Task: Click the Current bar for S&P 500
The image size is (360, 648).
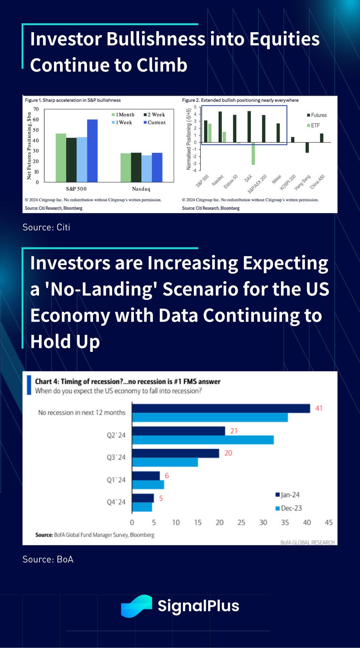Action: pos(92,151)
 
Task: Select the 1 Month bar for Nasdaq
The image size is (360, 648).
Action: pos(126,168)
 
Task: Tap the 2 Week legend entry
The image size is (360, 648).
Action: pos(154,115)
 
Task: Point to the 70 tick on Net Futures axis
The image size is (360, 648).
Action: pos(36,109)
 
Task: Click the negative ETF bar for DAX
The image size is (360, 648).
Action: pos(253,154)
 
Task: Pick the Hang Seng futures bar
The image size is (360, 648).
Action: pos(307,147)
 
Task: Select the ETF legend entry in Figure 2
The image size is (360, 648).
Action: pos(313,126)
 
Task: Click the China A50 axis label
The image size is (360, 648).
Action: pos(318,182)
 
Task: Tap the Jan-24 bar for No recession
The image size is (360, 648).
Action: pos(221,408)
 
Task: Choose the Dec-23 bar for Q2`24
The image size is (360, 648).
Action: pos(202,440)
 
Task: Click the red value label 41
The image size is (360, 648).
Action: pos(319,408)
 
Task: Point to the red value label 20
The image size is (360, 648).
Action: pos(228,453)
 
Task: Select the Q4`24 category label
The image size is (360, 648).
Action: pos(116,502)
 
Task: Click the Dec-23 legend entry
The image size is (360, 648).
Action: pos(289,508)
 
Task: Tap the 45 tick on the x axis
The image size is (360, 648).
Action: pos(328,522)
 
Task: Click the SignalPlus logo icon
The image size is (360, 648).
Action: pos(136,606)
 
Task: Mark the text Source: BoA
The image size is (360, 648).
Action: pos(48,559)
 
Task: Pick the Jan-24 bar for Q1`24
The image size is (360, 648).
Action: pos(146,476)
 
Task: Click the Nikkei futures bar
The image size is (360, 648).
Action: pos(278,133)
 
